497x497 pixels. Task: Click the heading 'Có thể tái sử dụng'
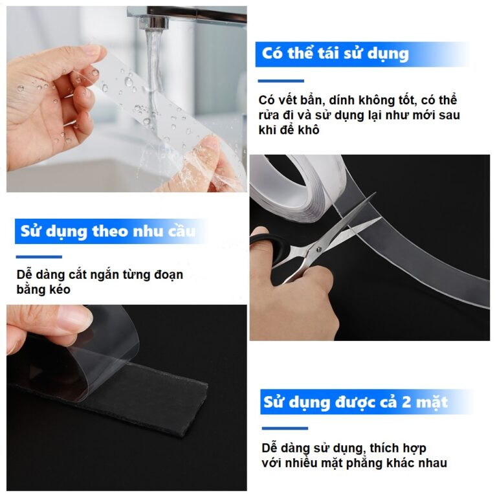(x=335, y=54)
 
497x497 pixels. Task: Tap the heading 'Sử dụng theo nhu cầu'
(x=108, y=232)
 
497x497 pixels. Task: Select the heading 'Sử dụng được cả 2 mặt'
(x=355, y=403)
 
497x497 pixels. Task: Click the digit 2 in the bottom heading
(x=406, y=402)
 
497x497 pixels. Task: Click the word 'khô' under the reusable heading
(x=308, y=130)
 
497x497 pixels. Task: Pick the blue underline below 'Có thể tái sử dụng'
(x=281, y=81)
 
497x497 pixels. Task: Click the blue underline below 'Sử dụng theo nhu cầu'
(x=39, y=257)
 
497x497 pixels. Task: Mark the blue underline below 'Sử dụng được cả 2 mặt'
(x=285, y=428)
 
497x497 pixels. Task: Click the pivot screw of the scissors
(x=318, y=250)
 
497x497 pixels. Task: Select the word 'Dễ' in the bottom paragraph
(x=269, y=448)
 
